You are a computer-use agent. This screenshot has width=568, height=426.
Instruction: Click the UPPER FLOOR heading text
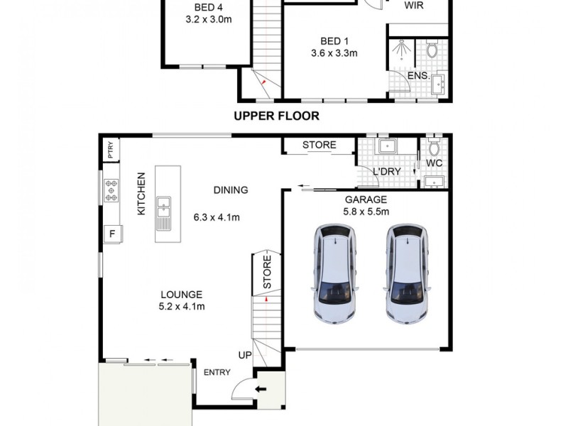pyautogui.click(x=277, y=116)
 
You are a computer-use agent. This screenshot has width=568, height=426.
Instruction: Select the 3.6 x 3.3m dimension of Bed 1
pyautogui.click(x=334, y=53)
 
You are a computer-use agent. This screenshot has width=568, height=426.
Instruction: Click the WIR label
pyautogui.click(x=415, y=6)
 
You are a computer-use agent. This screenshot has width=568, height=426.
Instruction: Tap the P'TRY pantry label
pyautogui.click(x=110, y=150)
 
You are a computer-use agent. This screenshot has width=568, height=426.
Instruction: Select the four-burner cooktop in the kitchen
pyautogui.click(x=112, y=189)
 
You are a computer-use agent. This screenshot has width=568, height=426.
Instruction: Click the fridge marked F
pyautogui.click(x=111, y=232)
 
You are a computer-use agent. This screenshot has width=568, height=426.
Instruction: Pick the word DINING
pyautogui.click(x=230, y=190)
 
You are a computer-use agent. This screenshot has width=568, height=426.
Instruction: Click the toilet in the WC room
pyautogui.click(x=433, y=151)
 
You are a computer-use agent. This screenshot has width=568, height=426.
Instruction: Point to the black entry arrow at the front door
pyautogui.click(x=261, y=388)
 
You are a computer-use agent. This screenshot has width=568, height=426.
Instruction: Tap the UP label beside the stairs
pyautogui.click(x=245, y=354)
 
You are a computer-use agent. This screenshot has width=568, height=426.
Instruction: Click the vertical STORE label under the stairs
pyautogui.click(x=267, y=274)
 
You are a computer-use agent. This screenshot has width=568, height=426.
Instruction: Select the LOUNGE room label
pyautogui.click(x=181, y=295)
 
